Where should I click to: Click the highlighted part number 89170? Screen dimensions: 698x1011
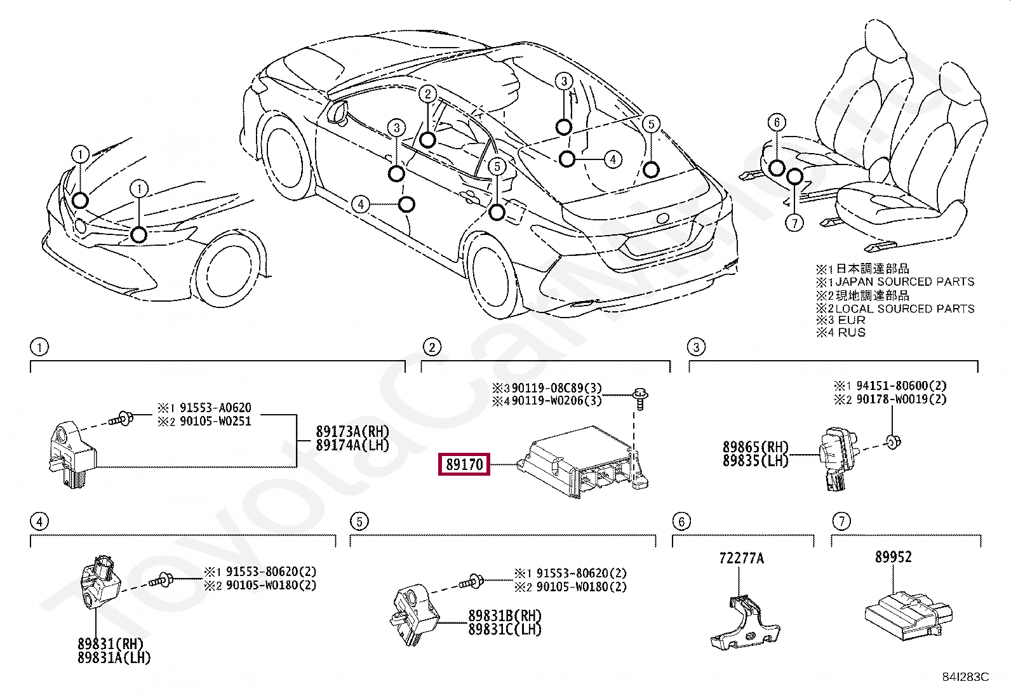pos(464,465)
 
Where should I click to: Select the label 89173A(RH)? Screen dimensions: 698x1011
pos(352,432)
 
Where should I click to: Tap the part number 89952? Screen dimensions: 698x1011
pos(893,557)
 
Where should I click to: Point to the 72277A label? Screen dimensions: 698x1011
pos(741,558)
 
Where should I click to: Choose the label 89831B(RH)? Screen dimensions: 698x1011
pos(505,616)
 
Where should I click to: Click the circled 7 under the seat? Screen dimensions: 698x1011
pos(794,222)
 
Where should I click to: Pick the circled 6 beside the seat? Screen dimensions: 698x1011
pos(775,122)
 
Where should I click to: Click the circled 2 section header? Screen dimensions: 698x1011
pos(431,347)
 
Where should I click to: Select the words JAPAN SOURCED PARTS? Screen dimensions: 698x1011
pos(904,281)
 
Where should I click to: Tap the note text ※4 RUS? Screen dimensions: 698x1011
pos(841,332)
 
